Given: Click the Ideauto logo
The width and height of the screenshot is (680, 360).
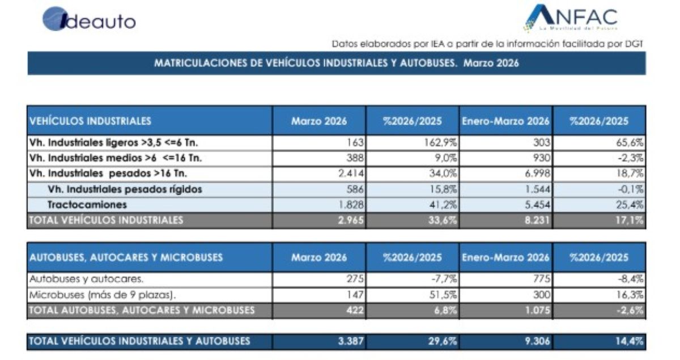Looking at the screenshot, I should pyautogui.click(x=89, y=20).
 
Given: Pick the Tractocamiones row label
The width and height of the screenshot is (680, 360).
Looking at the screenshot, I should pyautogui.click(x=87, y=204).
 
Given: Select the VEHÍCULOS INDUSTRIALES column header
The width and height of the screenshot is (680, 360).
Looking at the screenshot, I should pyautogui.click(x=90, y=121).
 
